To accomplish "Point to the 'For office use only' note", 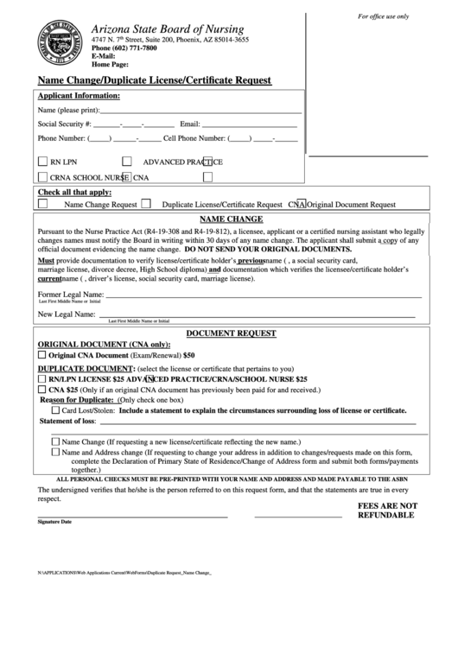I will tap(384, 17).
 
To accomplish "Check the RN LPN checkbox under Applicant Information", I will tap(43, 161).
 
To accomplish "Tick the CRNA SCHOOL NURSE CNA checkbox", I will tap(43, 177).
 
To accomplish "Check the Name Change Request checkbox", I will tap(42, 205).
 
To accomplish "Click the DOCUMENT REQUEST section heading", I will tap(231, 333).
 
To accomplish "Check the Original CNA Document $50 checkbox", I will tap(41, 355).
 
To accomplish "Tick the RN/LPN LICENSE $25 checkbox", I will tap(42, 378).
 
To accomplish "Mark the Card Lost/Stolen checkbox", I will tap(56, 410).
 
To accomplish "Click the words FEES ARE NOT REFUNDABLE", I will tap(387, 510).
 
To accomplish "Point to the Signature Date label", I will tap(54, 522).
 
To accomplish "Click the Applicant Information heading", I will tap(79, 96).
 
